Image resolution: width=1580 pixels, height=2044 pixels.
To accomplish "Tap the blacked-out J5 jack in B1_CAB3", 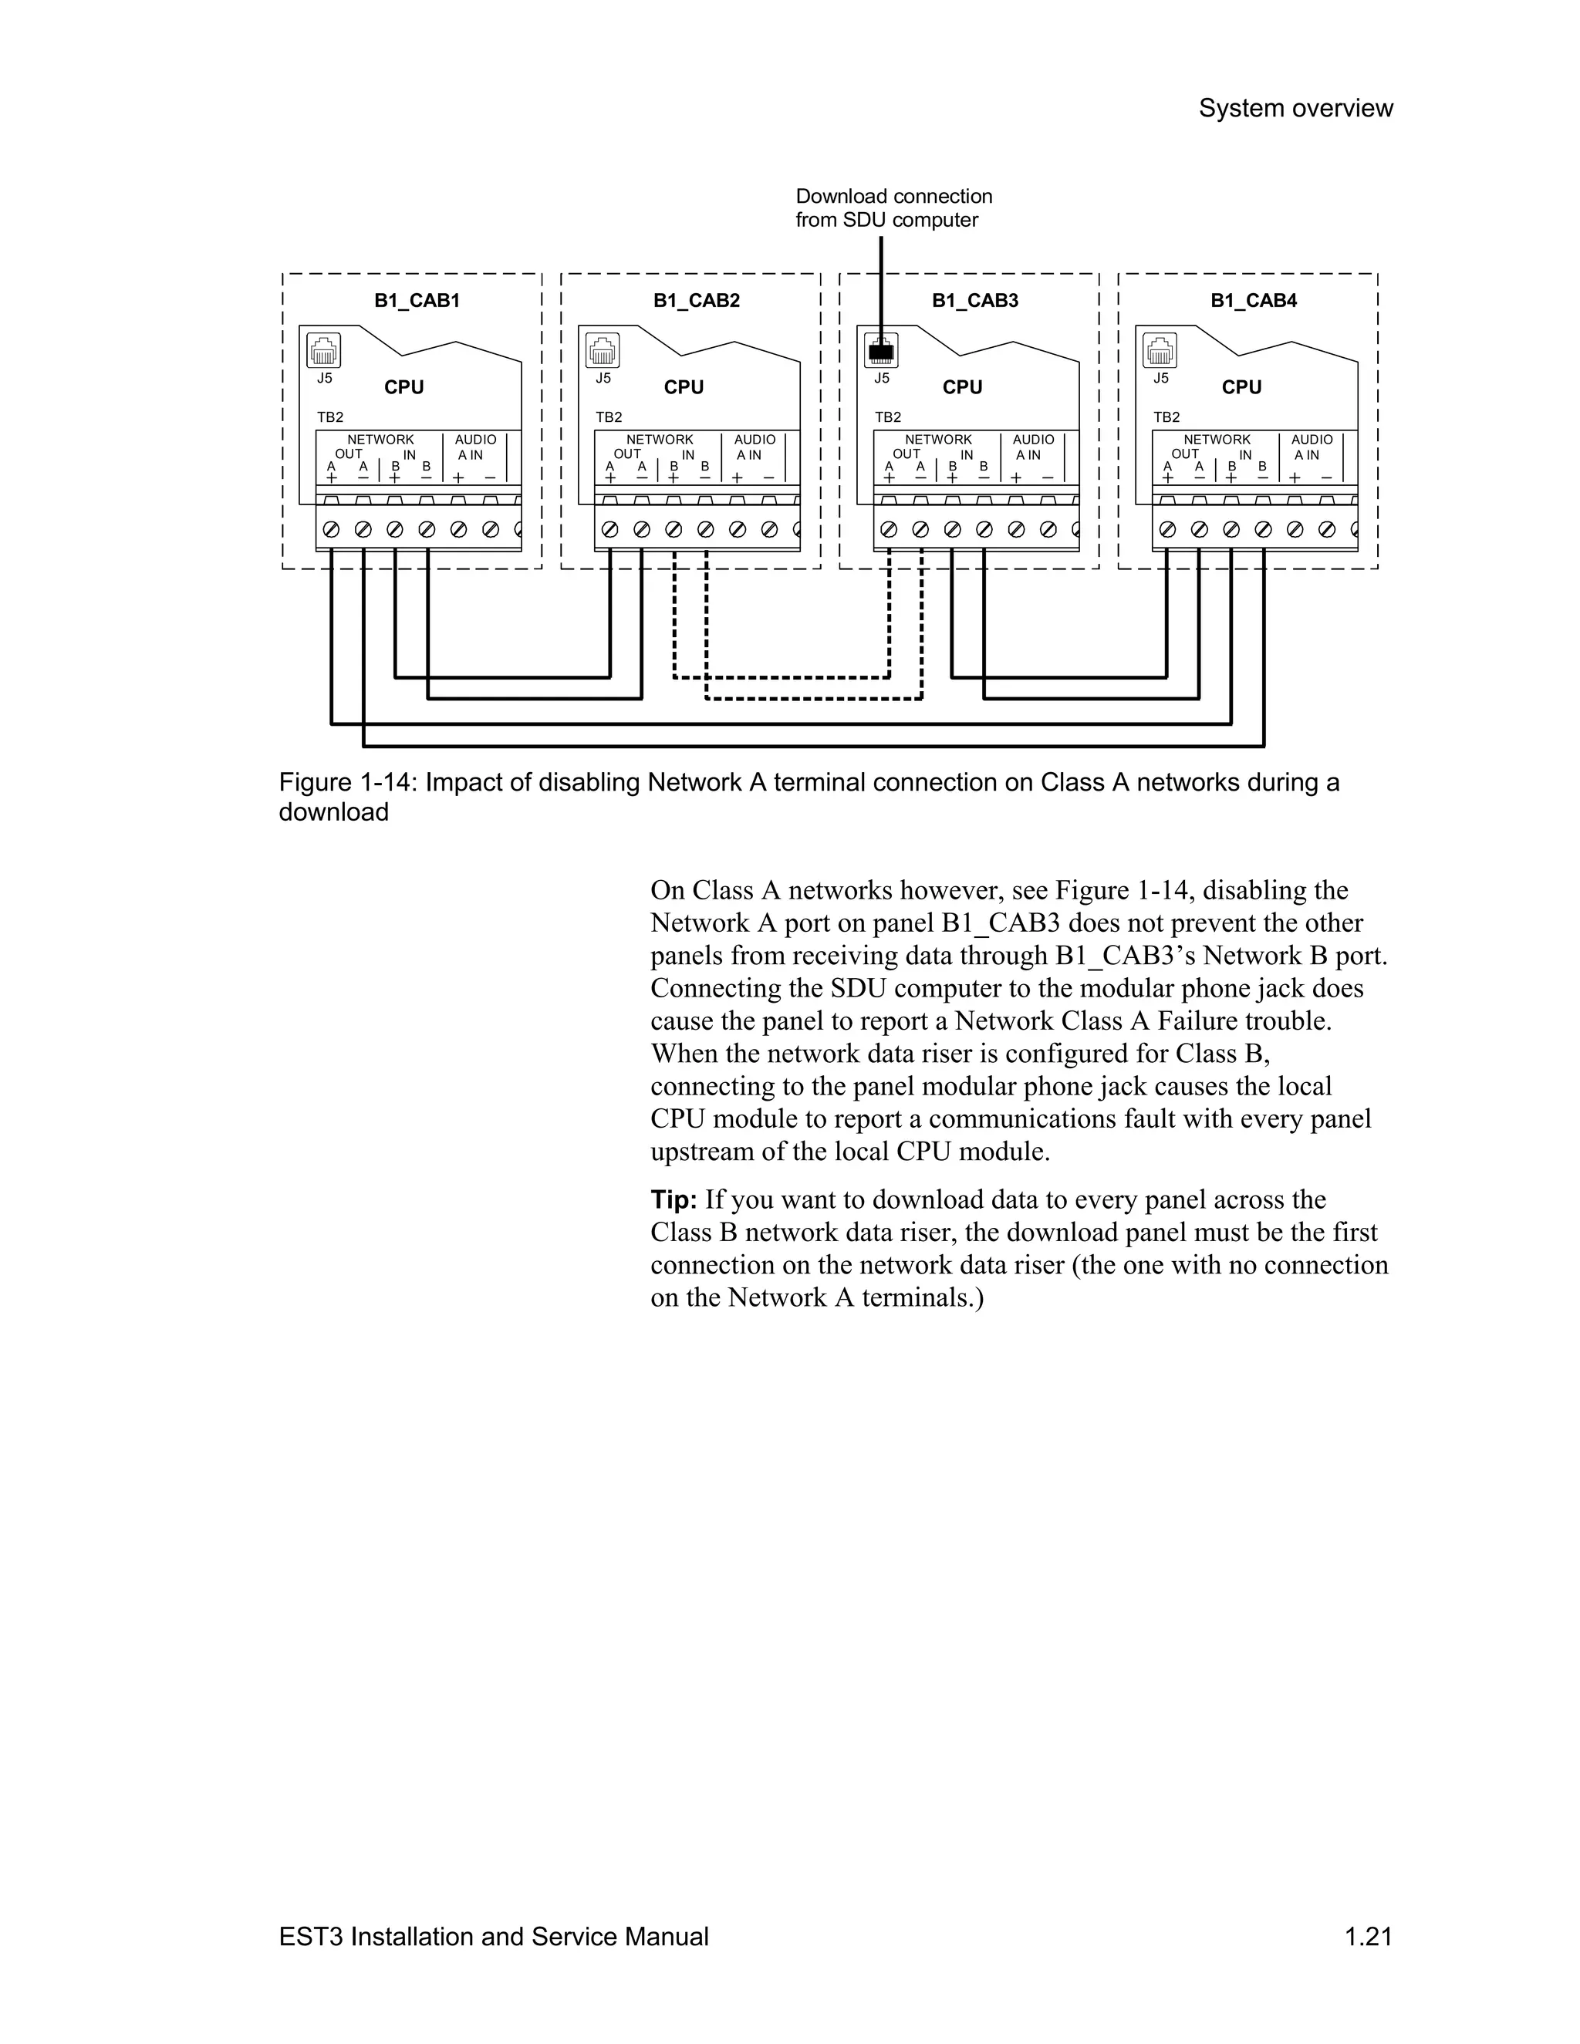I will [x=881, y=351].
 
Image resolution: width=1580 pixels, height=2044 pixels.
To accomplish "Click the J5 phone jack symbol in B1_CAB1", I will [x=324, y=351].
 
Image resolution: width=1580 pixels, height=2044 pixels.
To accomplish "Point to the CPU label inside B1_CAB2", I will [x=684, y=387].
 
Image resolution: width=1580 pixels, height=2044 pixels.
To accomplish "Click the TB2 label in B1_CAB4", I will [x=1166, y=417].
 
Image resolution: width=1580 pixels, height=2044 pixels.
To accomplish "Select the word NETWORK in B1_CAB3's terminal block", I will [x=938, y=439].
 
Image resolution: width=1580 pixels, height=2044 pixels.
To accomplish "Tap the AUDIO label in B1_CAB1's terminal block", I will [x=475, y=439].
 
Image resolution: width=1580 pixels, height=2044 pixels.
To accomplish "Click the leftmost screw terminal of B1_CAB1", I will [x=330, y=530].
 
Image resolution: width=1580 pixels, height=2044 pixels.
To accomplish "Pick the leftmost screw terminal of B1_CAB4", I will [x=1167, y=530].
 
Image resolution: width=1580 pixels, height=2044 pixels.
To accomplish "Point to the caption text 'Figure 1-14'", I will [x=347, y=782].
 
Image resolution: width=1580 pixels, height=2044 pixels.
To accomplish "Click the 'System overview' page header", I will [x=1295, y=109].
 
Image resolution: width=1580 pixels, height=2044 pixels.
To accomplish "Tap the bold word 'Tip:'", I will [x=674, y=1200].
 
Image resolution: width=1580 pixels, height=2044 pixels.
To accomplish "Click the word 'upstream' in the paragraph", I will [x=701, y=1151].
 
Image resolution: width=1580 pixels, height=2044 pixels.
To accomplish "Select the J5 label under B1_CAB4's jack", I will [x=1160, y=378].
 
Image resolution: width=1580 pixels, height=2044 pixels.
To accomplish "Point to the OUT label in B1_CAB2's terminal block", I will [x=627, y=454].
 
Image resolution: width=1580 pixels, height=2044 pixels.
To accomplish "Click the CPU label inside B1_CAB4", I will [x=1241, y=387].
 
